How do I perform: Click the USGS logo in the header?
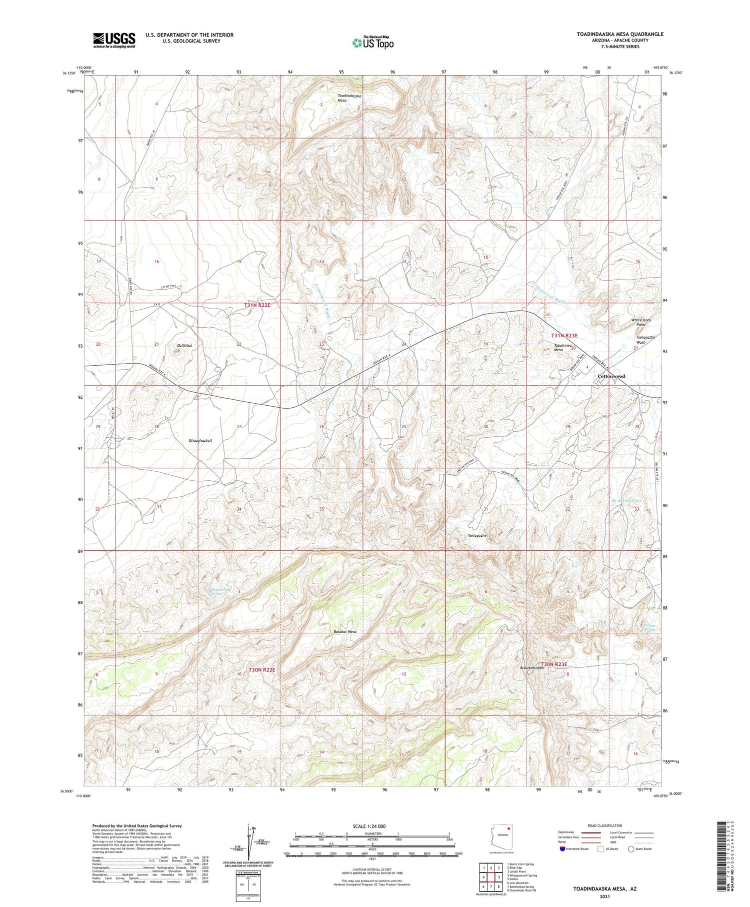click(x=114, y=40)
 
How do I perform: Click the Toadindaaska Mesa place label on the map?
click(x=349, y=98)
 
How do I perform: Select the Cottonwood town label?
click(x=611, y=376)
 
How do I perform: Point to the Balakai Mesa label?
click(x=345, y=631)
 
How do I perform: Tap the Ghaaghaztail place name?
click(x=200, y=440)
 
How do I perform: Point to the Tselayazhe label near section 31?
click(x=477, y=535)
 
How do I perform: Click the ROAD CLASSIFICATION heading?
click(x=605, y=825)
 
